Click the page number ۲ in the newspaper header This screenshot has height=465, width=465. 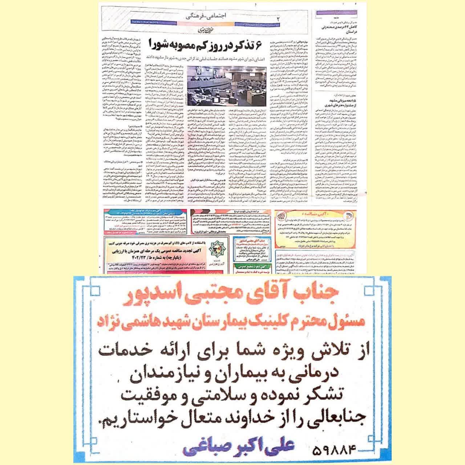click(279, 17)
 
